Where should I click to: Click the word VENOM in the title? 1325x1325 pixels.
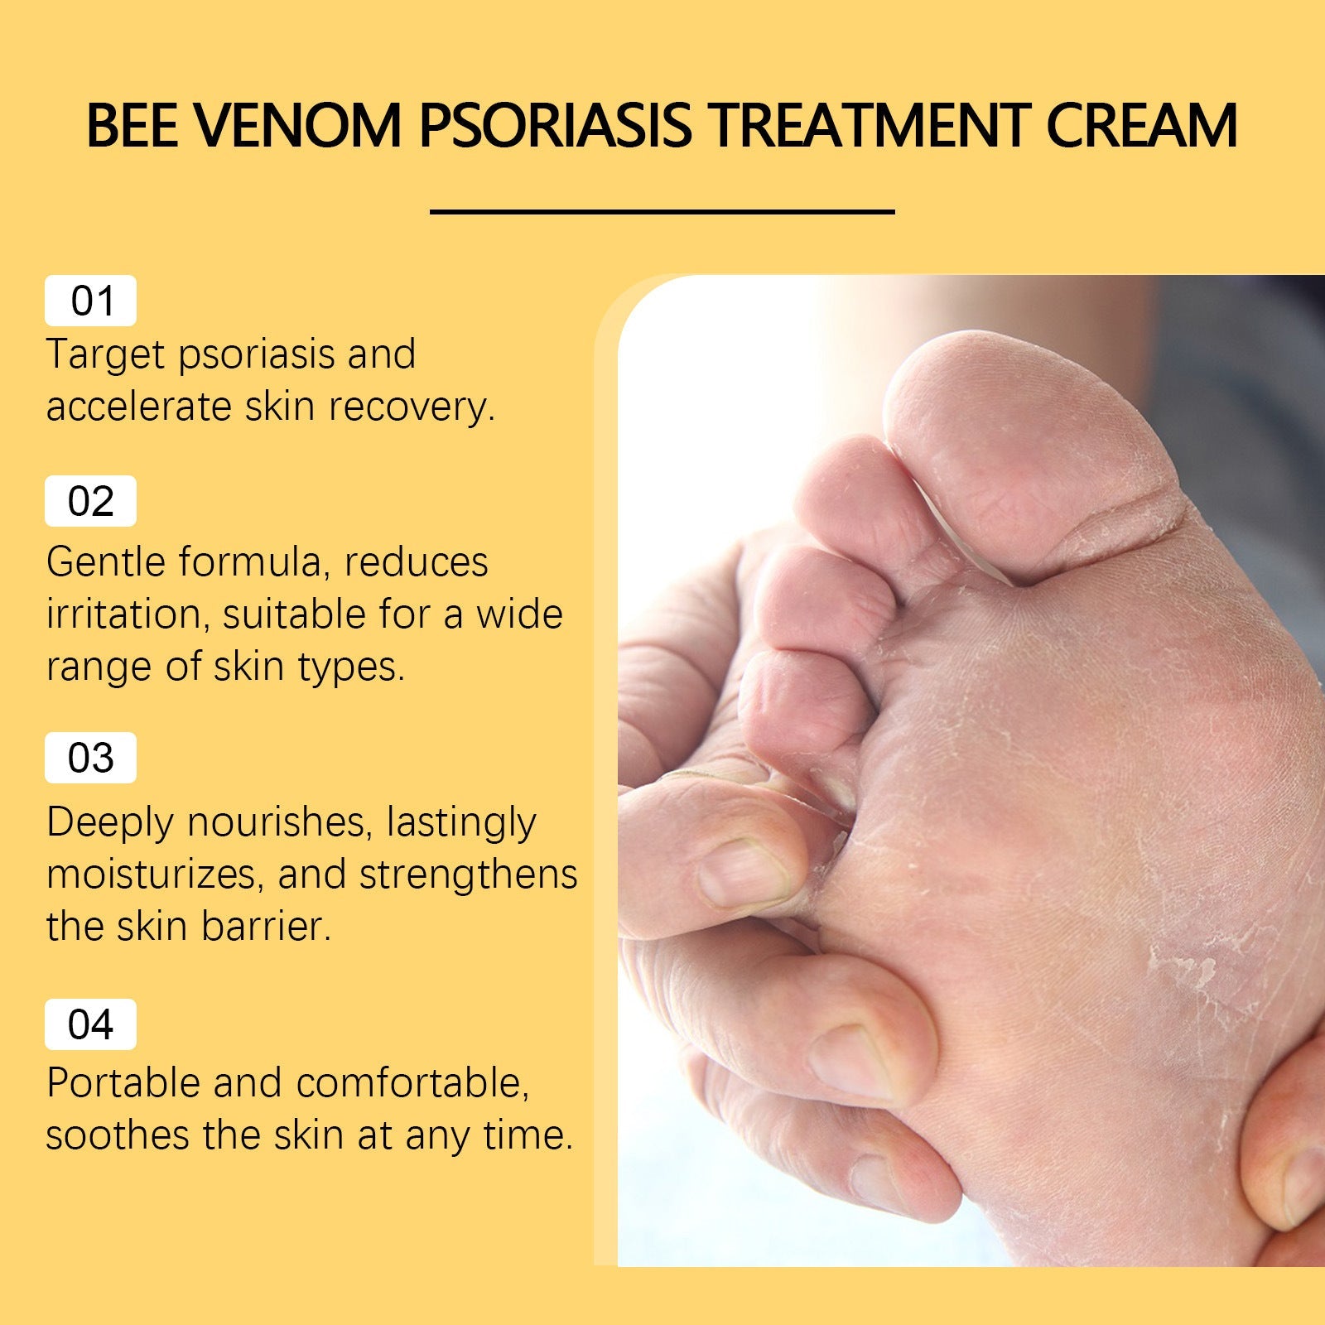299,127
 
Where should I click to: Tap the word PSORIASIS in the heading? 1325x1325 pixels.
555,127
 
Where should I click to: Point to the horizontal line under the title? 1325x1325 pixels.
662,212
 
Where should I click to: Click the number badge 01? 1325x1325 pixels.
90,301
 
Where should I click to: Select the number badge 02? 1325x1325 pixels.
90,501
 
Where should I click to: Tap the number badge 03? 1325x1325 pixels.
90,758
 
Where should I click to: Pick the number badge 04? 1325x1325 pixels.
90,1024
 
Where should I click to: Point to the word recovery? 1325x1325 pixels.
411,407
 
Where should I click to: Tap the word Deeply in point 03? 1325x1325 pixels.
109,822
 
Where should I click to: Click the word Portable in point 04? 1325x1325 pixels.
122,1083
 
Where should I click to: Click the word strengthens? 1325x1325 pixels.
468,875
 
